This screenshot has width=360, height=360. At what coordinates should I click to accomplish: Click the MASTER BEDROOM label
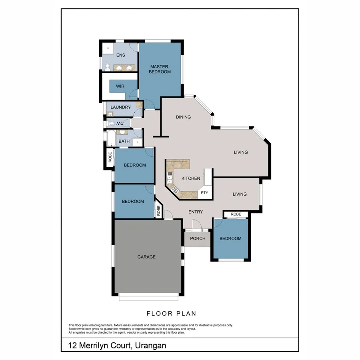pos(160,69)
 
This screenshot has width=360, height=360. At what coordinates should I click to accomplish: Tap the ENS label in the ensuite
pos(120,55)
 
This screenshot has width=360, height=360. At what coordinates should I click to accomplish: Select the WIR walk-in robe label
pos(120,86)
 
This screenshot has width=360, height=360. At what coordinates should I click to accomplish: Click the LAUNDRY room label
pos(120,107)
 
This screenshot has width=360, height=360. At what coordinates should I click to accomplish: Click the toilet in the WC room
pos(112,124)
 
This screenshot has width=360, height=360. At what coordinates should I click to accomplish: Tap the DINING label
pos(183,117)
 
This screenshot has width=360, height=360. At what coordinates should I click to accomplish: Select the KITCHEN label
pos(190,178)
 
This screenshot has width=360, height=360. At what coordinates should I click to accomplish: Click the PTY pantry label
pos(204,193)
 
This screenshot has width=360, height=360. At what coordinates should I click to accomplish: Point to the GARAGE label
pos(146,257)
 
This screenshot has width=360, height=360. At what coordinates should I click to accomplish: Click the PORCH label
pos(198,238)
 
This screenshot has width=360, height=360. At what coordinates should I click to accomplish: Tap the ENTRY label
pos(195,212)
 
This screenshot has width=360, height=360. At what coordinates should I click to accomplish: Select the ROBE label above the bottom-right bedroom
pos(236,214)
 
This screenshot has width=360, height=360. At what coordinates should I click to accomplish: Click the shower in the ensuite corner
pos(107,49)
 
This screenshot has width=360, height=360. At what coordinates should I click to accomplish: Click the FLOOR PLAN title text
pos(171,314)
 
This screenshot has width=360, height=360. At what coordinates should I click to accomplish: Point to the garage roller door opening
pos(148,297)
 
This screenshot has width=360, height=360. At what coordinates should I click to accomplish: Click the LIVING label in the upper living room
pos(241,152)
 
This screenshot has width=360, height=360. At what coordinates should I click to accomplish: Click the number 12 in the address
pos(72,345)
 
